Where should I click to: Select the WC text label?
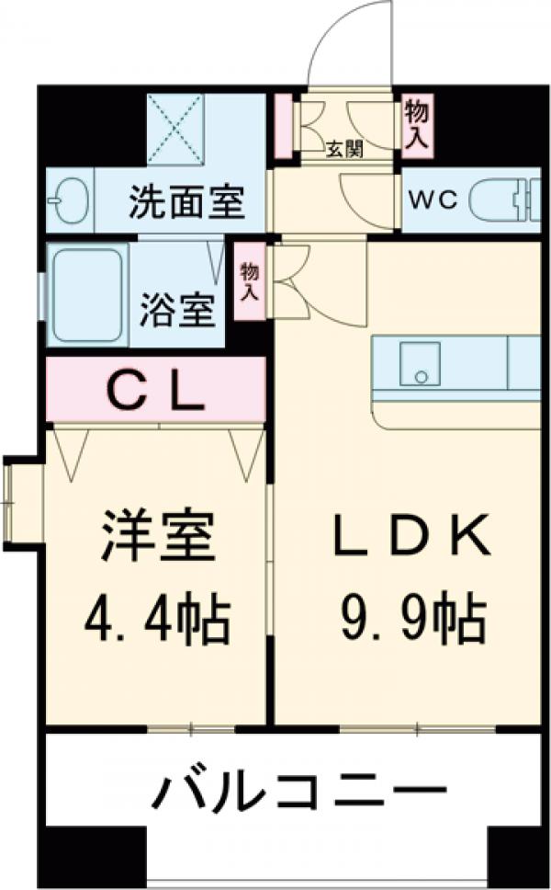click(x=433, y=200)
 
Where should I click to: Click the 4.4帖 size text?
click(x=157, y=622)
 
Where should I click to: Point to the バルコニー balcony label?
click(x=299, y=791)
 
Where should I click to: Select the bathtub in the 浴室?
click(x=87, y=294)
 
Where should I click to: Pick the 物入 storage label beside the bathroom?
click(x=248, y=281)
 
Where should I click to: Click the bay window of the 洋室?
click(x=18, y=501)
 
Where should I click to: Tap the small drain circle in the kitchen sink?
click(x=421, y=376)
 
